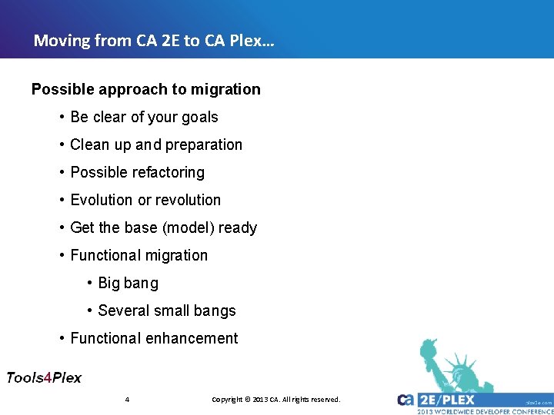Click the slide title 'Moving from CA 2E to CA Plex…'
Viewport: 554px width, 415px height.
154,40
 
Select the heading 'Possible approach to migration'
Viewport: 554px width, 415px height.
146,89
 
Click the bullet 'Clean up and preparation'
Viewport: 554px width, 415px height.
155,144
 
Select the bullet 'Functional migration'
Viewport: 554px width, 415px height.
138,255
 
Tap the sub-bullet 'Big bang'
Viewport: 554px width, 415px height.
128,283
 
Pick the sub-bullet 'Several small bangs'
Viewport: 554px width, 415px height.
166,310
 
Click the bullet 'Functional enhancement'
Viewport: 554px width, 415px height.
154,338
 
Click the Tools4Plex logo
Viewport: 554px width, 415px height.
44,377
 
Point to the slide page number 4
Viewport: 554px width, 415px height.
126,400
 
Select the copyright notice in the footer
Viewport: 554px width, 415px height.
275,400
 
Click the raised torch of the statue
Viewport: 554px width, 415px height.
426,347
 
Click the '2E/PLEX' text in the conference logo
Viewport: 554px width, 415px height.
447,400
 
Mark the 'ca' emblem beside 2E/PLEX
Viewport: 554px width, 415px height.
406,400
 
